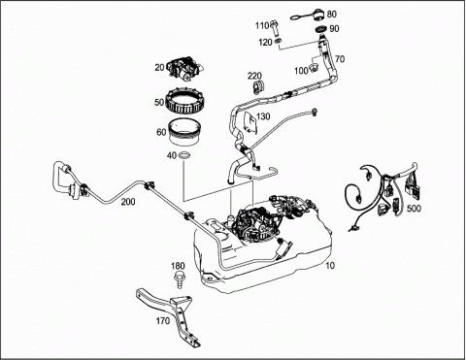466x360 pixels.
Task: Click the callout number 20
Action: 159,68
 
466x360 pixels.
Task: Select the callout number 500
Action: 414,209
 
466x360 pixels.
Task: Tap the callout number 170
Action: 163,321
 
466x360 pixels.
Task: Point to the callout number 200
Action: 128,202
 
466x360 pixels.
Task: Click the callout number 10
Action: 330,266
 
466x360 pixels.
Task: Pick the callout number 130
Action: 263,116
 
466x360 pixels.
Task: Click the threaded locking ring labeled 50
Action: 183,101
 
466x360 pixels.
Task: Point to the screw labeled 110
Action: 275,27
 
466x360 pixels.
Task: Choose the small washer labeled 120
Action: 278,41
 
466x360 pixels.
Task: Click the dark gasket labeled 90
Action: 321,30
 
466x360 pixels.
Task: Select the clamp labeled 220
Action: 258,87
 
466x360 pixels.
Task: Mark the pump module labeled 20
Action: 185,70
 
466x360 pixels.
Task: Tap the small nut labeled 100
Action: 313,68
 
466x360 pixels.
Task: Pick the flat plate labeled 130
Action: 250,122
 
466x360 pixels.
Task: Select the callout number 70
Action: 340,59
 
